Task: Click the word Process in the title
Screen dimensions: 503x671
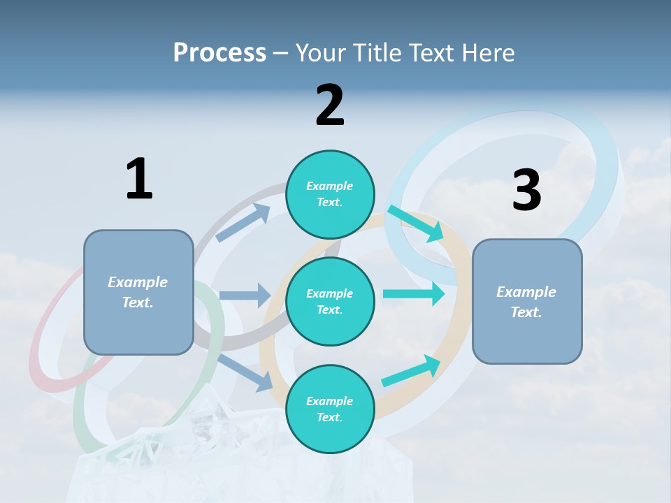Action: pyautogui.click(x=219, y=53)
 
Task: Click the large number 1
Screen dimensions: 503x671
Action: pyautogui.click(x=139, y=179)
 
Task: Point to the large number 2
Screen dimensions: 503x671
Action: pyautogui.click(x=330, y=105)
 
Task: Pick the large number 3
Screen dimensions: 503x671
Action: pyautogui.click(x=526, y=191)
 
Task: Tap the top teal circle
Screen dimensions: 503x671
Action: pyautogui.click(x=330, y=194)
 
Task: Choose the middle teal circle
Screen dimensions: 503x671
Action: pyautogui.click(x=330, y=301)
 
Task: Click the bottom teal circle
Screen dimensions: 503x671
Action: pyautogui.click(x=330, y=409)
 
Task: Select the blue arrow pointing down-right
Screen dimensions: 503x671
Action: pyautogui.click(x=245, y=372)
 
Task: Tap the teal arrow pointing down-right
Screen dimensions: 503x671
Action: pyautogui.click(x=416, y=223)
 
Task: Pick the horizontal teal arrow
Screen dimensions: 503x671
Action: pyautogui.click(x=414, y=293)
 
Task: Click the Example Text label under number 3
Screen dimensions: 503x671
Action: pyautogui.click(x=526, y=302)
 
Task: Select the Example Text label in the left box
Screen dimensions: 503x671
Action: pyautogui.click(x=138, y=292)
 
